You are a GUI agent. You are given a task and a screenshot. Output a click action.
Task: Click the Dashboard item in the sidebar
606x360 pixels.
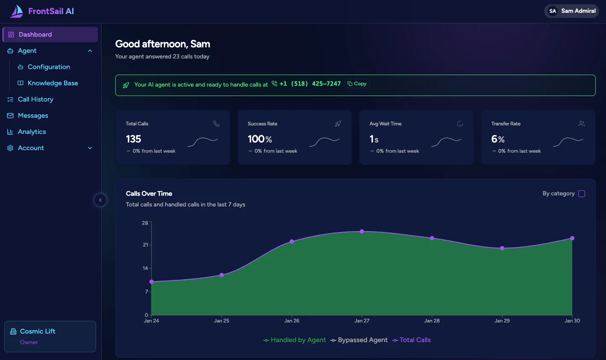[35, 35]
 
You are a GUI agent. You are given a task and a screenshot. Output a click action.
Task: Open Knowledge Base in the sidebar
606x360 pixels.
[52, 83]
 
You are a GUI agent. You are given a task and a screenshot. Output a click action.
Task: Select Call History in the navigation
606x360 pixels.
[35, 99]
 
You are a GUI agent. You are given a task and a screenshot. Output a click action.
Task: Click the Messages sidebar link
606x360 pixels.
[33, 116]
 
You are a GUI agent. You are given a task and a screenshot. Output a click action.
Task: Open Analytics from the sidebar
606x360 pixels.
[32, 132]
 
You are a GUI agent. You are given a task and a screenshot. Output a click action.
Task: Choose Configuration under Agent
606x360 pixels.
[49, 67]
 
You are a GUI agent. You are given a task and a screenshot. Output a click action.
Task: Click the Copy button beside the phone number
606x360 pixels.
[357, 84]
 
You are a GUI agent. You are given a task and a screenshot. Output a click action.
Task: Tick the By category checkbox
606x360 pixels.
[581, 194]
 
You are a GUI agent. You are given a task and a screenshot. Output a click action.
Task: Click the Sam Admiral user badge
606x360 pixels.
[571, 11]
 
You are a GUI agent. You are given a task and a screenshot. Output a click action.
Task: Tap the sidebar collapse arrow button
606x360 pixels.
[100, 200]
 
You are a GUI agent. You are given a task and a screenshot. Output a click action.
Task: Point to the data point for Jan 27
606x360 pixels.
[362, 232]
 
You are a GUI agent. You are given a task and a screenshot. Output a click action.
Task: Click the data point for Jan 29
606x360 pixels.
[502, 248]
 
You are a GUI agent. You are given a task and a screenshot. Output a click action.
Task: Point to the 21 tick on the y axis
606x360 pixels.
[146, 245]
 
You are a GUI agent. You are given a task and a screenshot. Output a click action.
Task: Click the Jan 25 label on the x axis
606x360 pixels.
[221, 321]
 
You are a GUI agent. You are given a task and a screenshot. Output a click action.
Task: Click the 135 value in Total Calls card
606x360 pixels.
[134, 139]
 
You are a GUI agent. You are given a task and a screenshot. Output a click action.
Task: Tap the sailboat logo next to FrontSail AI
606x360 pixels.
[17, 12]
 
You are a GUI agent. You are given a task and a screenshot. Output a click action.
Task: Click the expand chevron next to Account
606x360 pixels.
[90, 148]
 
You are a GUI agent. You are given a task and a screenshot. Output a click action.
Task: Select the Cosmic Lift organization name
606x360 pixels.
[38, 331]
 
